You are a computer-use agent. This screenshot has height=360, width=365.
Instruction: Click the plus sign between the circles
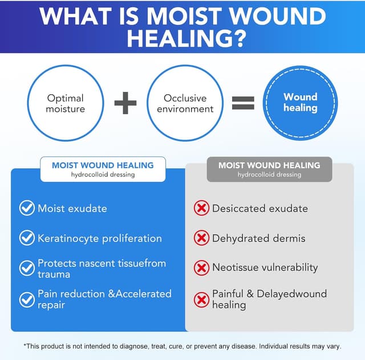(x=125, y=103)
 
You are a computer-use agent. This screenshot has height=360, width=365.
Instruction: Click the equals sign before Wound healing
(x=242, y=103)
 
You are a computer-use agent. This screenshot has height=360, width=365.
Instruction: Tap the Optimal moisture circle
(x=65, y=103)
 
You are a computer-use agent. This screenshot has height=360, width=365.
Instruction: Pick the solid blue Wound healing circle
(x=300, y=103)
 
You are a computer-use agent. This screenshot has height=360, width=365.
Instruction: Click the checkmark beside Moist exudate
(x=27, y=208)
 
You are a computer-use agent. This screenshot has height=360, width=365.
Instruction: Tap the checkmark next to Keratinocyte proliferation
(x=27, y=238)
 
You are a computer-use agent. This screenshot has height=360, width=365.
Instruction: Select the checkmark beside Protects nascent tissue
(x=27, y=268)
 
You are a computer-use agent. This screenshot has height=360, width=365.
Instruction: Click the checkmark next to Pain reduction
(x=27, y=298)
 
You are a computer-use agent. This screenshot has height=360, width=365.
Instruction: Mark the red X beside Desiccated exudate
(x=201, y=208)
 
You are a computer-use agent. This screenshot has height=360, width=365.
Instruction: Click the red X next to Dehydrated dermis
(x=201, y=238)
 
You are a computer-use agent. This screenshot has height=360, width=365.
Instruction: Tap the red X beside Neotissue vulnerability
(x=201, y=267)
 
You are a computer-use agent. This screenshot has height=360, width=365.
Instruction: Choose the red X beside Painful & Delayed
(x=201, y=299)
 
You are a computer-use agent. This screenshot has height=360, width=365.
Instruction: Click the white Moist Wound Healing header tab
(x=103, y=169)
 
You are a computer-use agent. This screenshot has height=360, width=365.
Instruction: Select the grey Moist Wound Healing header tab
(x=269, y=169)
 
